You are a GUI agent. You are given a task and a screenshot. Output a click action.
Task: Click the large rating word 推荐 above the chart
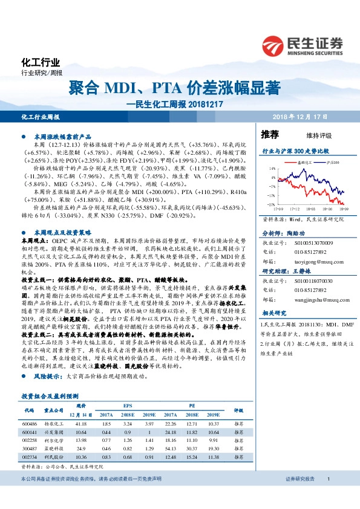pyautogui.click(x=269, y=134)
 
